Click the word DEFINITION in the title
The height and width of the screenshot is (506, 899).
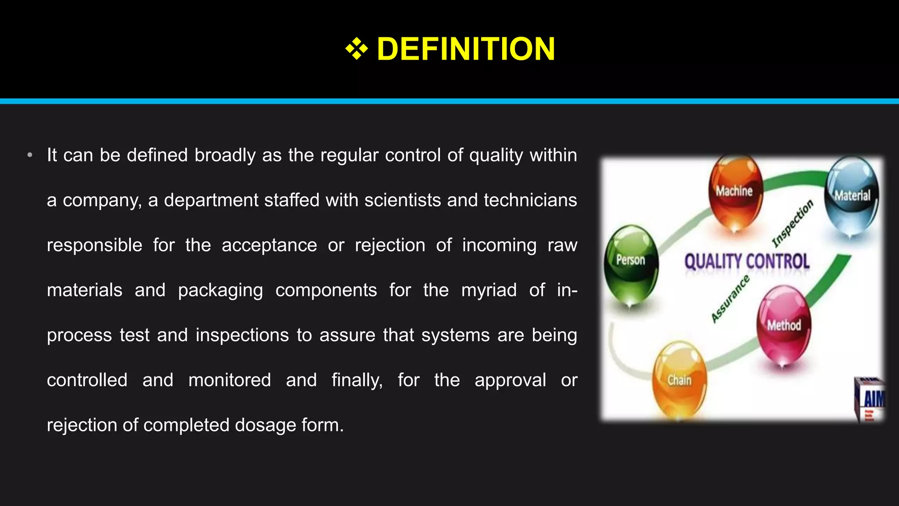pyautogui.click(x=466, y=49)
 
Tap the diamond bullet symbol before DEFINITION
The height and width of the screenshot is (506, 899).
pyautogui.click(x=356, y=49)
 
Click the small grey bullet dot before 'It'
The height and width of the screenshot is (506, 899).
pyautogui.click(x=30, y=155)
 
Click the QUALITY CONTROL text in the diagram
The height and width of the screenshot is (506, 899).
pyautogui.click(x=747, y=262)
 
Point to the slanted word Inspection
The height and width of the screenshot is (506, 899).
pyautogui.click(x=793, y=224)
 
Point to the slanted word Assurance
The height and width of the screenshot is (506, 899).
pyautogui.click(x=730, y=299)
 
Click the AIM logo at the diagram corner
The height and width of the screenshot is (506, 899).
pyautogui.click(x=871, y=400)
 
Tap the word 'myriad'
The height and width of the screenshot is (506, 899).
pyautogui.click(x=489, y=290)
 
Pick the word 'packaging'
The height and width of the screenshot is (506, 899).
pyautogui.click(x=220, y=290)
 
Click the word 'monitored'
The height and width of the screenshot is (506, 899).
pyautogui.click(x=230, y=380)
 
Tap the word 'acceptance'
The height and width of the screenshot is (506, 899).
pyautogui.click(x=269, y=245)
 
